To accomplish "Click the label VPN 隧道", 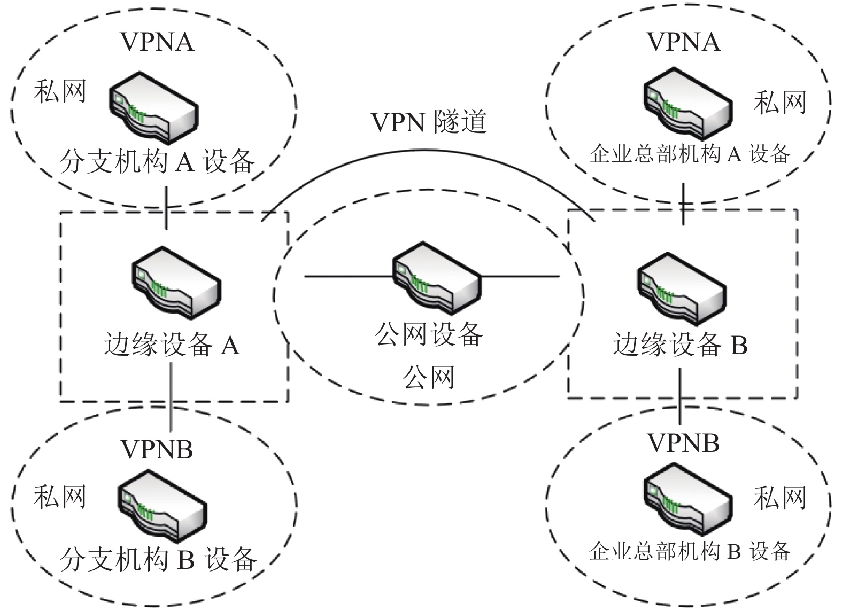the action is coord(429,122).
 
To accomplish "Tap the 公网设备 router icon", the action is coord(437,278).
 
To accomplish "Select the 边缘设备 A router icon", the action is coord(176,283).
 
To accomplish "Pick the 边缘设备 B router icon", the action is coord(682,288).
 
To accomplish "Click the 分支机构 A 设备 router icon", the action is coord(154,107).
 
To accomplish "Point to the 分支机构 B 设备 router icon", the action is coord(163,506).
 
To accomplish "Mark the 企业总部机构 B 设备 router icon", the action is coord(688,499).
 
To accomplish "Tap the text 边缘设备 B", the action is coord(681,345).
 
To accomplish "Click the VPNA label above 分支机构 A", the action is coord(157,42).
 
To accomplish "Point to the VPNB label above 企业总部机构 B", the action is coord(683,443).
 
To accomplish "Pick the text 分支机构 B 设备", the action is coord(158,559).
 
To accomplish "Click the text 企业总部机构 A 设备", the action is coord(690,154).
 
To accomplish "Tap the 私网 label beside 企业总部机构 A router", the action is coord(780,102).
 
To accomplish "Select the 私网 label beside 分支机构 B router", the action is coord(60,497).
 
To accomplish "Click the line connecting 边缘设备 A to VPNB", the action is coord(171,397).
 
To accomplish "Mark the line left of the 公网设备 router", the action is coord(349,277).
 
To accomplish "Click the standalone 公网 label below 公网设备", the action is coord(429,377).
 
